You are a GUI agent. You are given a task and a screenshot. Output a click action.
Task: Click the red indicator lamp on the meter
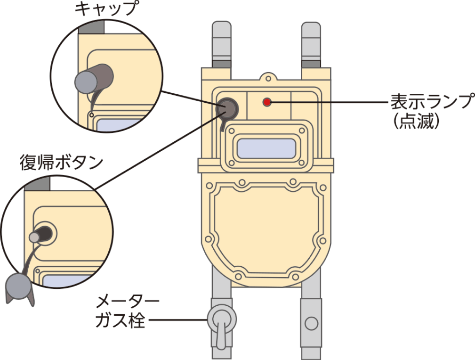coord(267,101)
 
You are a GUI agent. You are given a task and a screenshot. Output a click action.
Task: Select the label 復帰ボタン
coord(61,163)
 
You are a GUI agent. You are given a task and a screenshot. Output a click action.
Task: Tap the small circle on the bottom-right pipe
coord(311,323)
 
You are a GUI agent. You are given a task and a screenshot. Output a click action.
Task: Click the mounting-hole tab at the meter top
coord(267,76)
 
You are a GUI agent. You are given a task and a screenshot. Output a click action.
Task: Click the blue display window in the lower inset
coord(71,281)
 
